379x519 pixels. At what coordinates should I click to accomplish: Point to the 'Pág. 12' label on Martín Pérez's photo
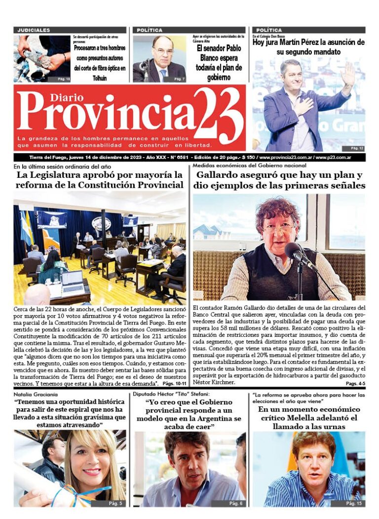pos(357,148)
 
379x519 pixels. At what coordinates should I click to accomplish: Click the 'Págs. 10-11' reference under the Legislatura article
pos(175,383)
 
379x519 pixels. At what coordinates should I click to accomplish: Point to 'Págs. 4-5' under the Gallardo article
pos(355,383)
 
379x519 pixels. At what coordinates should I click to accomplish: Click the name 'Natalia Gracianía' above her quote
pos(36,395)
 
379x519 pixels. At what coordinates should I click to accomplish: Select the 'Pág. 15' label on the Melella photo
pos(353,503)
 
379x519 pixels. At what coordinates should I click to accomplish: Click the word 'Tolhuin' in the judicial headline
pos(99,78)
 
